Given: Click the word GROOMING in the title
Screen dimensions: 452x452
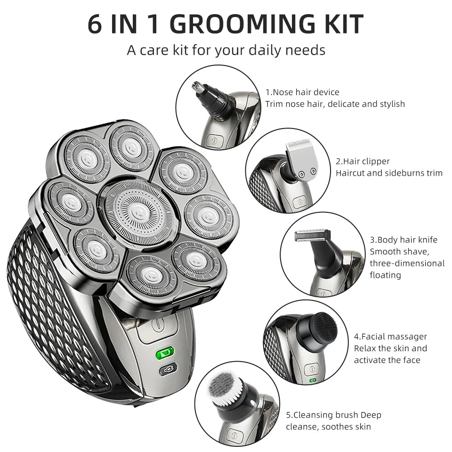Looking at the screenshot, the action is [x=243, y=24].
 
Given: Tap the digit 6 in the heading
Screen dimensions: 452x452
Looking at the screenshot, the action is [x=95, y=24].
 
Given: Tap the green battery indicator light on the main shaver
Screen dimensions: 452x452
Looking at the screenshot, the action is [x=165, y=352].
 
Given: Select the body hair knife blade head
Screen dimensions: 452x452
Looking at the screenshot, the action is [x=312, y=236].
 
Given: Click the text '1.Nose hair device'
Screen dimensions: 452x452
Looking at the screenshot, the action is [x=302, y=92].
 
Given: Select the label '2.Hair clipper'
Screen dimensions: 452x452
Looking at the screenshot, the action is [x=363, y=161].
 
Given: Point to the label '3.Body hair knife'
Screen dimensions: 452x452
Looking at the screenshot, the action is [x=404, y=240].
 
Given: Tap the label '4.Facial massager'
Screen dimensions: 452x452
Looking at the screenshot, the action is [x=391, y=337].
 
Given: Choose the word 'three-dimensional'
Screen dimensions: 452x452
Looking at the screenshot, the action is [x=407, y=264].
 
